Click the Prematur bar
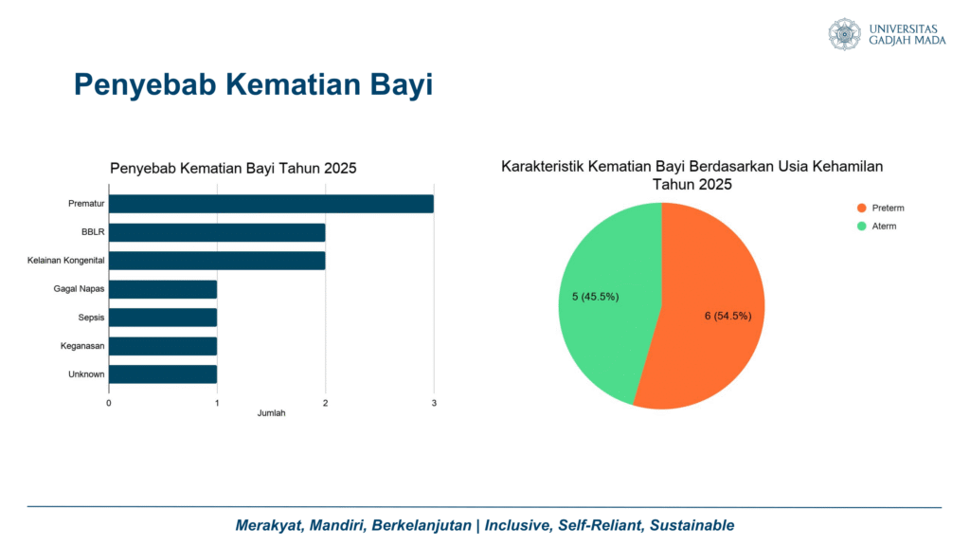[271, 204]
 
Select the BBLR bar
[217, 232]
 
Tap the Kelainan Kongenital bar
[217, 261]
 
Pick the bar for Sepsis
[163, 318]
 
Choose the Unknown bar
[163, 374]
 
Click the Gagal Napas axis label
[79, 289]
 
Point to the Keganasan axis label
[82, 346]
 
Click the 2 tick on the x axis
[326, 403]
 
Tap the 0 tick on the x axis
[109, 403]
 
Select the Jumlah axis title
[272, 413]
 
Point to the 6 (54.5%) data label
[728, 316]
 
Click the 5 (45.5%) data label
[595, 297]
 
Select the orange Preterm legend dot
[861, 208]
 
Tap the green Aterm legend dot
[861, 226]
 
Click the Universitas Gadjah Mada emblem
[844, 34]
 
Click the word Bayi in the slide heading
[402, 84]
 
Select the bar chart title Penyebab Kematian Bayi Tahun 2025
[233, 169]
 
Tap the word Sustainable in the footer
[692, 525]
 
